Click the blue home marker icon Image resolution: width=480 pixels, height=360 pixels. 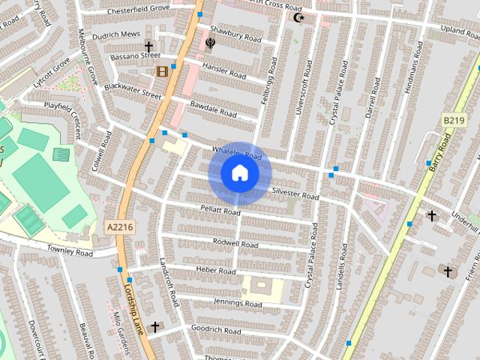[x=239, y=173]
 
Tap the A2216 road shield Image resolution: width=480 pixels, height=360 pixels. [x=119, y=227]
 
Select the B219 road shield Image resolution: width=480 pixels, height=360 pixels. [x=453, y=120]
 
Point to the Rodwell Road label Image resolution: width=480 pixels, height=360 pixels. [x=235, y=244]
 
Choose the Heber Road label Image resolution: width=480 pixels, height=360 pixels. [x=216, y=269]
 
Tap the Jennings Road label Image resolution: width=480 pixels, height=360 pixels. [x=238, y=303]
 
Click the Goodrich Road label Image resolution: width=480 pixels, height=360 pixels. [x=216, y=330]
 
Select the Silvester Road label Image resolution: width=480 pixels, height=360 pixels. [x=295, y=193]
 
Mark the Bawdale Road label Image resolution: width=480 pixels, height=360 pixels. [x=214, y=109]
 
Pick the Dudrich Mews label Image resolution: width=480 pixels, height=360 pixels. [x=116, y=35]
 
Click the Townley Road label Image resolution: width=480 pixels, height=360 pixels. [x=69, y=253]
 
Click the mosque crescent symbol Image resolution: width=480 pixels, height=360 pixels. [x=299, y=17]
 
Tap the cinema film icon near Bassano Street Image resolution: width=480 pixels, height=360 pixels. [x=162, y=71]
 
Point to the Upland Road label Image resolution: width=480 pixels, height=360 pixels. [x=454, y=28]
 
